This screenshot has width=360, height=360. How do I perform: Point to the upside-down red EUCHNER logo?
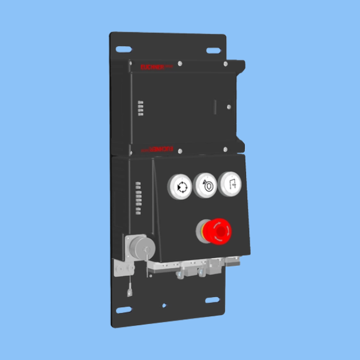tap(157, 146)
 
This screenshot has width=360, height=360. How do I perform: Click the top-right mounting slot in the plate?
tap(212, 50)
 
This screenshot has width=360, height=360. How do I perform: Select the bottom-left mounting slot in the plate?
tap(123, 310)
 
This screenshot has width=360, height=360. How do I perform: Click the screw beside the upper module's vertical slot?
tap(229, 107)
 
